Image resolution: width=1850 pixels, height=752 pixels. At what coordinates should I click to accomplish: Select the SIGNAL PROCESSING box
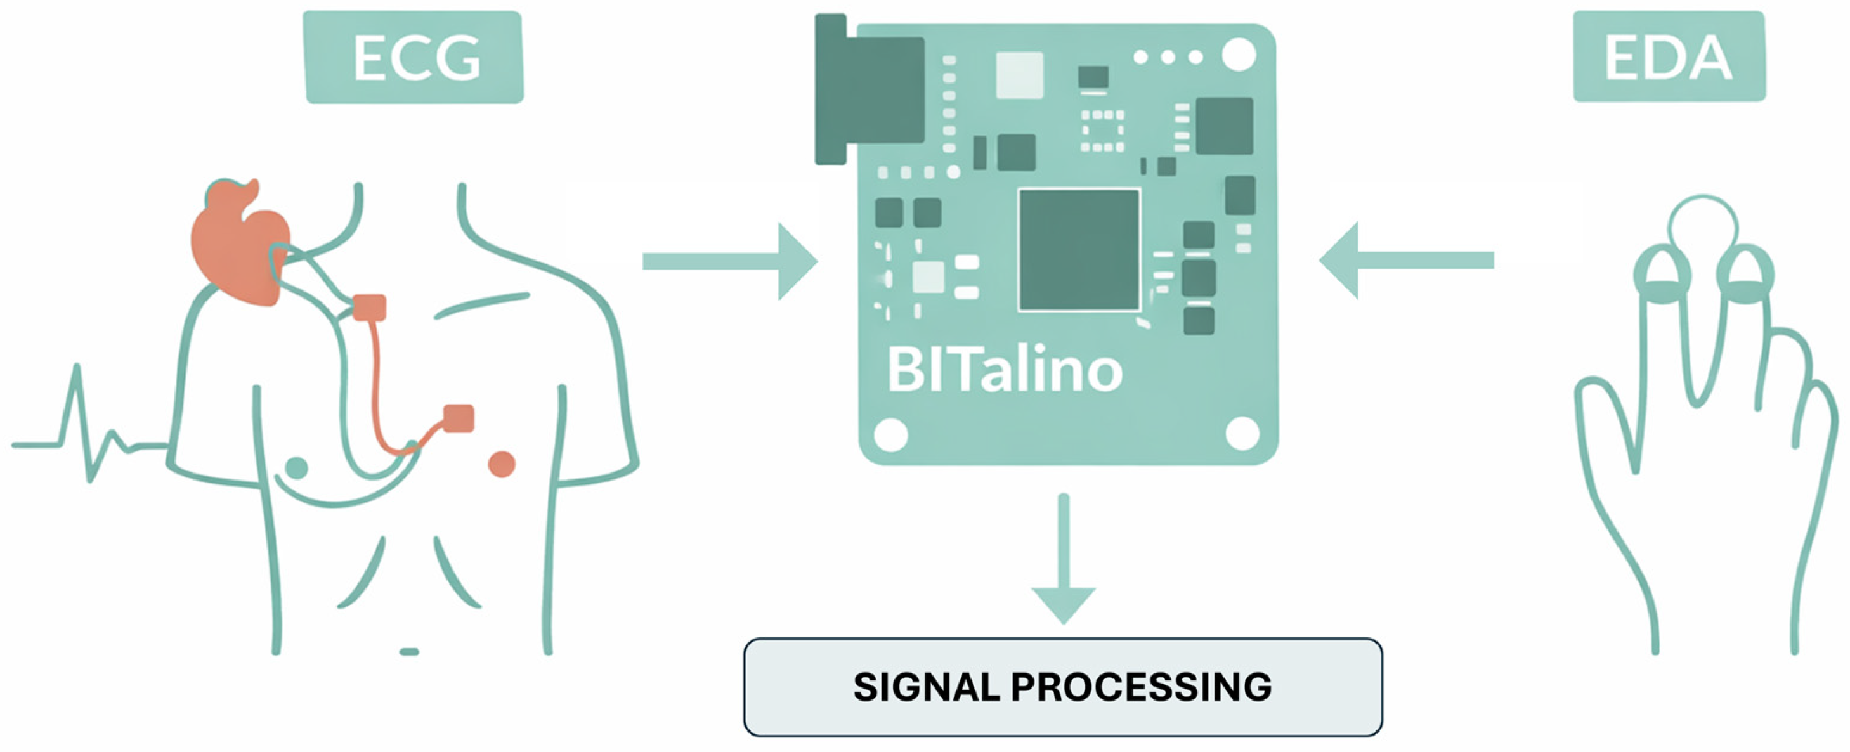pyautogui.click(x=1063, y=687)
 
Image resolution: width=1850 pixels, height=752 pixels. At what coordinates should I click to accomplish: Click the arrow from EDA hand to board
pyautogui.click(x=1407, y=260)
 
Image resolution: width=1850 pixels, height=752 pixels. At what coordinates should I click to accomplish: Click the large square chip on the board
pyautogui.click(x=1079, y=250)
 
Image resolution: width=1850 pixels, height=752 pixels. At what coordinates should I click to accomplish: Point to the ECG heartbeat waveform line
pyautogui.click(x=86, y=431)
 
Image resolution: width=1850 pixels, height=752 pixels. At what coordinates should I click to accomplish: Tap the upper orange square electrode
pyautogui.click(x=370, y=308)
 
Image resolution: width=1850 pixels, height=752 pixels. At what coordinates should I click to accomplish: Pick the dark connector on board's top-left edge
pyautogui.click(x=869, y=90)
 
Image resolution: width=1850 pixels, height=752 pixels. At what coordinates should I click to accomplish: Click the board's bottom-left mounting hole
pyautogui.click(x=891, y=435)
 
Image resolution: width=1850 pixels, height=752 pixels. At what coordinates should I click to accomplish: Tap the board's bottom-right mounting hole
pyautogui.click(x=1242, y=433)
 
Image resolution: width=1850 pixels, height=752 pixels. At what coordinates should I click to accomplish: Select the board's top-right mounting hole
pyautogui.click(x=1239, y=55)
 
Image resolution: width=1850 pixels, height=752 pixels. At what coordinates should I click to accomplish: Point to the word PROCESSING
pyautogui.click(x=1141, y=687)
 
